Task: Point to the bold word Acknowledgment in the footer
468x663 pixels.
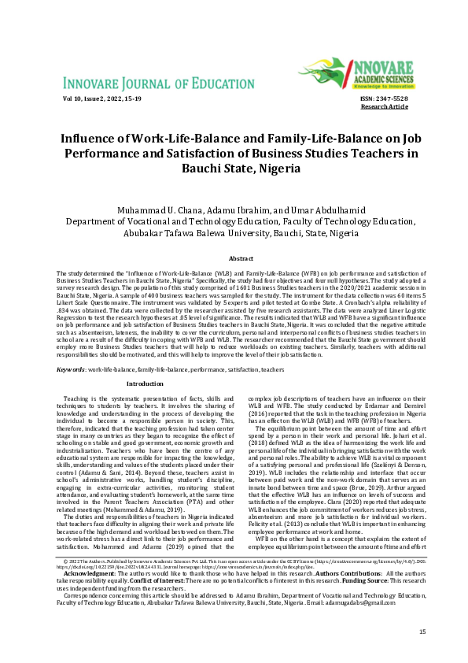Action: pos(83,597)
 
